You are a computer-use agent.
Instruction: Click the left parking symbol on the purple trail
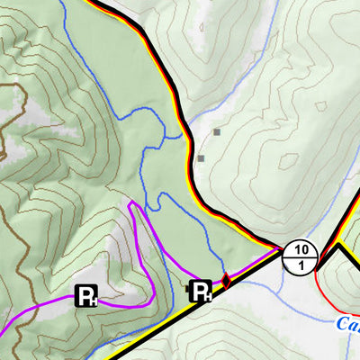(x=86, y=296)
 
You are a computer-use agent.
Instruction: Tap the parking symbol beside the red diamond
(x=200, y=290)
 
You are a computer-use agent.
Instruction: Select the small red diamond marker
(x=226, y=281)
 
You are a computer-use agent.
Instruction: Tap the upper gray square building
(x=217, y=132)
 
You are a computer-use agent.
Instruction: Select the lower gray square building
(x=201, y=158)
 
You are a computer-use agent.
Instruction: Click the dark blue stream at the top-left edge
(x=64, y=4)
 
